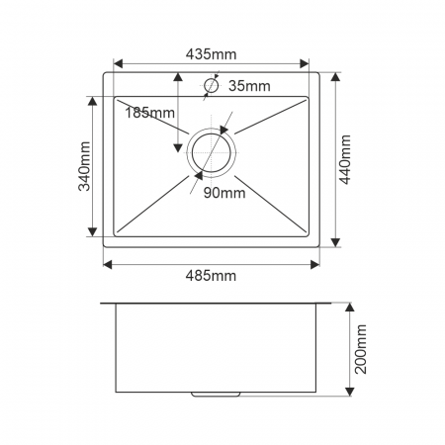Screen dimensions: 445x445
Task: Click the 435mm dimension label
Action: [211, 54]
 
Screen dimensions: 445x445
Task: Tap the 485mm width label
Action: [211, 276]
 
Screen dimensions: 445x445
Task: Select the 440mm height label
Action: [345, 159]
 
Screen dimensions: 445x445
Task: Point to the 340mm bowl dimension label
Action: [84, 166]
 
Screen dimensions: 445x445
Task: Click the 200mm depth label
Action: [361, 349]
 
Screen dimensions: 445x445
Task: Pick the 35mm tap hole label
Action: [249, 86]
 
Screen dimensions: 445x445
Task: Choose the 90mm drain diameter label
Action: [224, 193]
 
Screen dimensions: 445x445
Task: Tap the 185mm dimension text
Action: [149, 113]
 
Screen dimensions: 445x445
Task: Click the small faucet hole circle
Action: [211, 86]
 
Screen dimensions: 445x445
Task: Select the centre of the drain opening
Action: [211, 153]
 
